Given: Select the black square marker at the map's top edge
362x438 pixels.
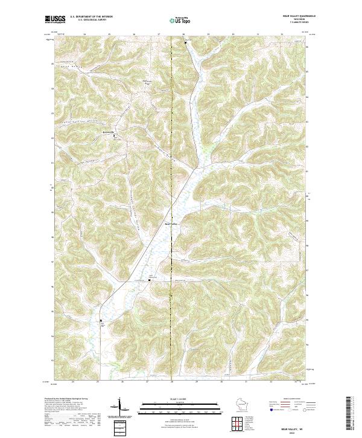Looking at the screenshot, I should (x=186, y=42).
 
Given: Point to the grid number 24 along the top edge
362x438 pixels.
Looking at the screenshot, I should (x=84, y=34).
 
